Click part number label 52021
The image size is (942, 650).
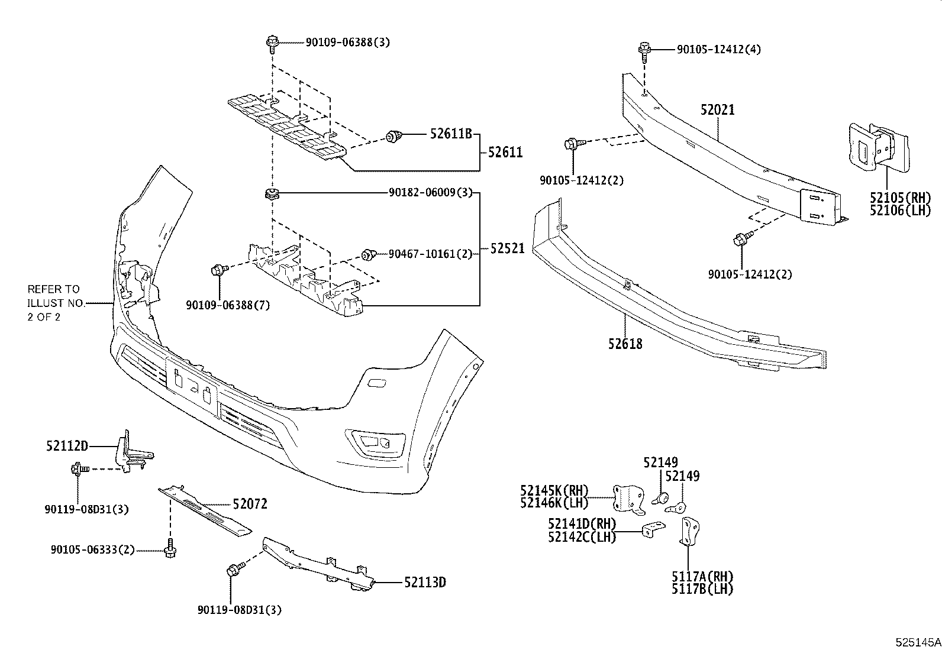(x=717, y=109)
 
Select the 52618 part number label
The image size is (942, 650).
(x=625, y=343)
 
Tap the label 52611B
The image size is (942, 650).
(x=450, y=135)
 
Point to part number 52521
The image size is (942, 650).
(x=507, y=249)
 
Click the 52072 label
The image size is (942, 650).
(x=250, y=504)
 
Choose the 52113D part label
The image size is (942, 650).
(x=425, y=583)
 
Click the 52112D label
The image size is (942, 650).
(x=67, y=445)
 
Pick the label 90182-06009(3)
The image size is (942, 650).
(x=430, y=192)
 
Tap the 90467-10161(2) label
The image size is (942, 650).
(x=430, y=254)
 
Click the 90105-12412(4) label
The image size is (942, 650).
(x=718, y=49)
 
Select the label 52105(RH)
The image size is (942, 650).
(x=900, y=198)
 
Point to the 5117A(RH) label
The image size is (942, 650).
(x=702, y=577)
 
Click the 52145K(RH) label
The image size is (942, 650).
(x=554, y=490)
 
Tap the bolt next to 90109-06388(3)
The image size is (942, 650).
(x=272, y=43)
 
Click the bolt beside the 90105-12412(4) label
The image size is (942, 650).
(x=644, y=50)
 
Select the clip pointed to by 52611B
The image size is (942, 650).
(x=392, y=137)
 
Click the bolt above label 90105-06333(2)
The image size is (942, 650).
(x=171, y=548)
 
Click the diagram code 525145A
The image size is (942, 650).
(x=917, y=642)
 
